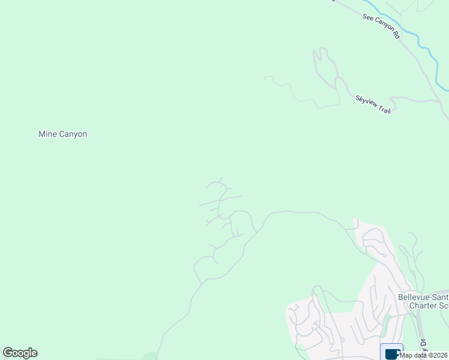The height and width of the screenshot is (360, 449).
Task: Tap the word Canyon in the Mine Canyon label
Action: (73, 134)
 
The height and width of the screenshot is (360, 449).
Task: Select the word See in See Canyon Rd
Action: (368, 18)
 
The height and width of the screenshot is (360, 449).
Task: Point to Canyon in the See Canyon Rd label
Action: (384, 26)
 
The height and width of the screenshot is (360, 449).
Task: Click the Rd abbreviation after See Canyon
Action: (396, 35)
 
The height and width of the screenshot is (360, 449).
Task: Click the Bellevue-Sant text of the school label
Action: (423, 297)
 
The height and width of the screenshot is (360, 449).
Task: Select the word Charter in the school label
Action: (421, 306)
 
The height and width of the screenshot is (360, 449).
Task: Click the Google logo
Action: (20, 353)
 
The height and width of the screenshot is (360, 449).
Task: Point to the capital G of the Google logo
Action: (8, 353)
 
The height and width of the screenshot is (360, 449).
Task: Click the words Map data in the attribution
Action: (414, 355)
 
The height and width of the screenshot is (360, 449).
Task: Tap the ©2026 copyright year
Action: (438, 355)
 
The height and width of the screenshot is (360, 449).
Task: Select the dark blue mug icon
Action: (391, 353)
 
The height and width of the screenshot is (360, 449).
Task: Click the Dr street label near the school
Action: (422, 342)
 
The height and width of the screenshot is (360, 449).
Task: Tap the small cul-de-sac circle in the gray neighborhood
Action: (384, 255)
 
